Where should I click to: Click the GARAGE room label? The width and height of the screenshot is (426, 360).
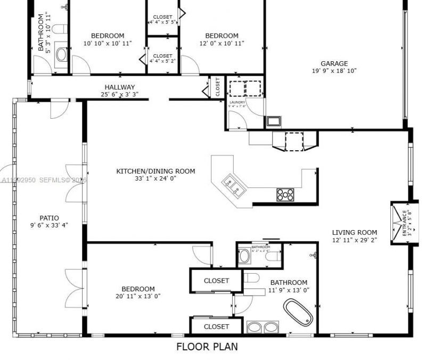[x=334, y=63]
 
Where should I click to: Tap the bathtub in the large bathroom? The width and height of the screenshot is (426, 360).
[x=298, y=312]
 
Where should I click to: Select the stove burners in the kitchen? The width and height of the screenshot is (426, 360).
[x=285, y=194]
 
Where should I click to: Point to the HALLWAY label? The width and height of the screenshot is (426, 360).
[x=120, y=87]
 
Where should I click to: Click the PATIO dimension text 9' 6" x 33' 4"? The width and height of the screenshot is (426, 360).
[x=49, y=225]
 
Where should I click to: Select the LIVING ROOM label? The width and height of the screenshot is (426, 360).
[x=354, y=232]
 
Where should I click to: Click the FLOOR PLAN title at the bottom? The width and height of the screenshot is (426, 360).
[x=207, y=347]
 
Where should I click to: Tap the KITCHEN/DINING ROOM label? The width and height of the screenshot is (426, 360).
[x=155, y=171]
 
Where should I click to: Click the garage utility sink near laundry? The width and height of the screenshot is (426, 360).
[x=274, y=121]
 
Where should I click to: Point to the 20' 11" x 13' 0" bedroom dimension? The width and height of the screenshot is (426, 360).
[x=138, y=296]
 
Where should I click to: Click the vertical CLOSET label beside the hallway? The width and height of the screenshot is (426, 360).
[x=217, y=87]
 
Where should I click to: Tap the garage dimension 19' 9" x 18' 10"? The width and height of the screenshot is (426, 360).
[x=334, y=70]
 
